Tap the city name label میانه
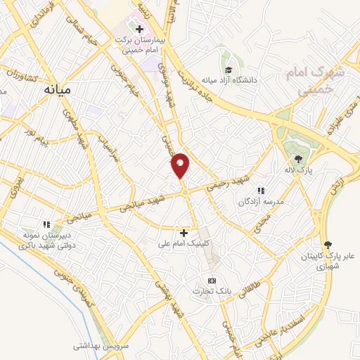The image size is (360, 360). pyautogui.click(x=59, y=90)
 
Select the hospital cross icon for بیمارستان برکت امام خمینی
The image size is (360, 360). pyautogui.click(x=139, y=30)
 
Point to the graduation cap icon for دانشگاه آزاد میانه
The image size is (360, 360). pyautogui.click(x=229, y=69)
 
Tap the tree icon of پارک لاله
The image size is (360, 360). pyautogui.click(x=297, y=158)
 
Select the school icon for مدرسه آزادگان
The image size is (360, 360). pyautogui.click(x=260, y=190)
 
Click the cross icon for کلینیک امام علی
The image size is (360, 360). pyautogui.click(x=184, y=232)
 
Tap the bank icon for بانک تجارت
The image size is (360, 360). pyautogui.click(x=209, y=280)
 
